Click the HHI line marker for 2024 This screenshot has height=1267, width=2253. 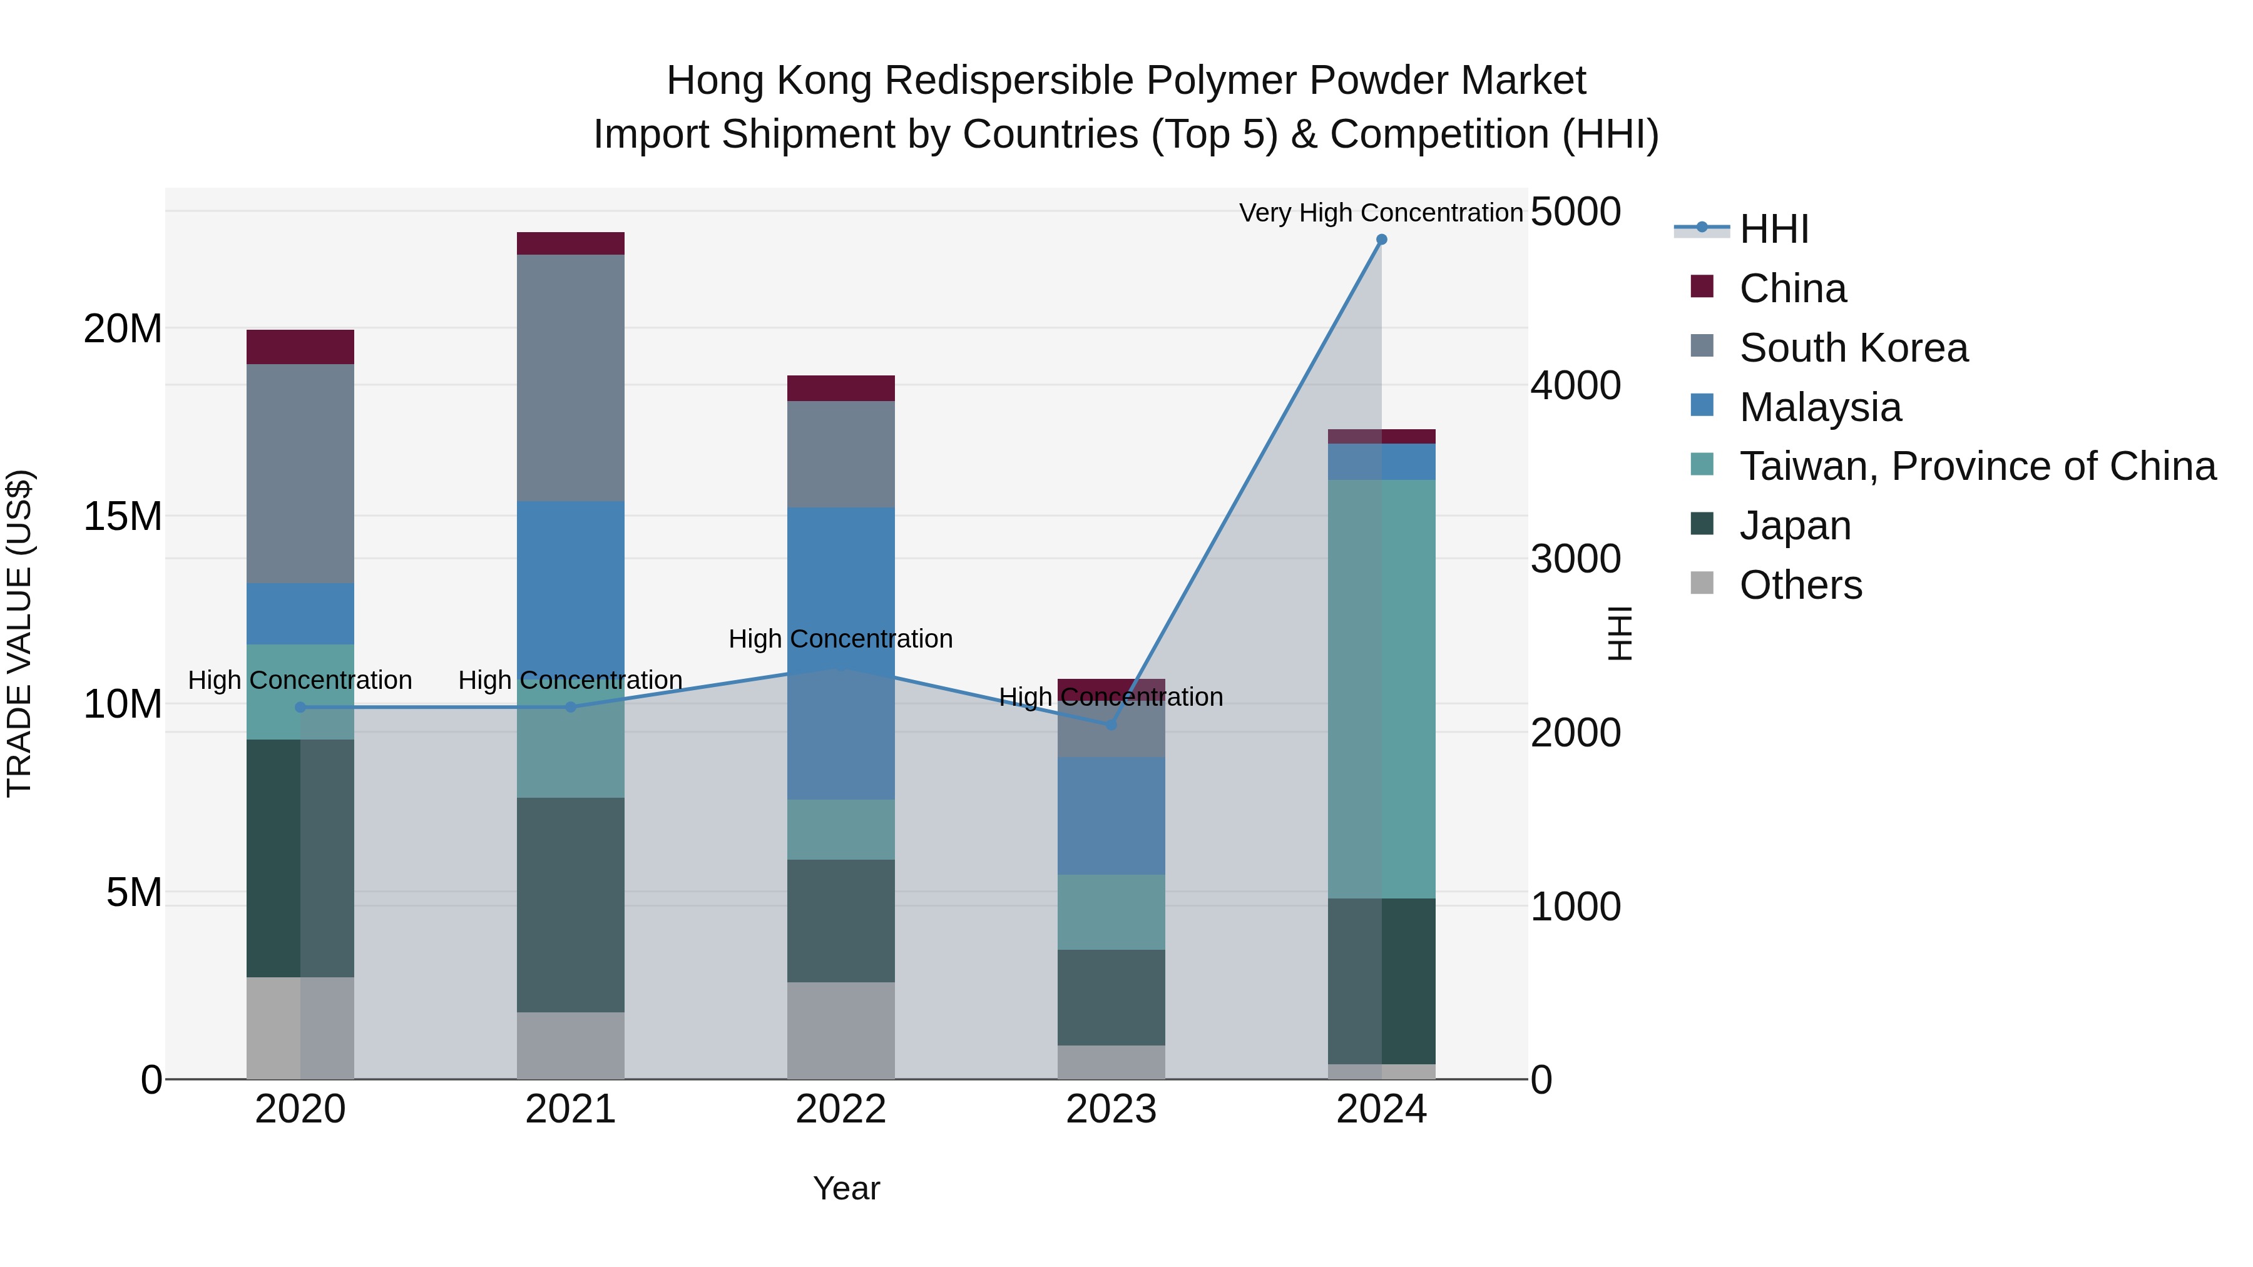(1381, 240)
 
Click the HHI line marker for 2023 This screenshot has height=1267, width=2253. (1111, 725)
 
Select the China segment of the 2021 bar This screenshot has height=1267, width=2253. (570, 243)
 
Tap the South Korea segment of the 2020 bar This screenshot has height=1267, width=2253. (300, 473)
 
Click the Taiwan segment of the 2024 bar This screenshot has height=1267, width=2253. (1381, 688)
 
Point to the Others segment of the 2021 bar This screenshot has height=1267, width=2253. (570, 1045)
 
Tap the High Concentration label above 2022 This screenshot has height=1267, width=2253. (840, 639)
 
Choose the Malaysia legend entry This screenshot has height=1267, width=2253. (1819, 407)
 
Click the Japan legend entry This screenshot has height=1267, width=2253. (1795, 526)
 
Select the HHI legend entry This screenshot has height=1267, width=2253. (1773, 229)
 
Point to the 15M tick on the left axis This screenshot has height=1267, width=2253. (123, 517)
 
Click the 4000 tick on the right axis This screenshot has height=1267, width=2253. (1575, 385)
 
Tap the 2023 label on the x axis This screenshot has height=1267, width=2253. (1111, 1109)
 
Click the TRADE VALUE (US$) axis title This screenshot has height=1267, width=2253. (19, 633)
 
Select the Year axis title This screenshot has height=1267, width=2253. (846, 1188)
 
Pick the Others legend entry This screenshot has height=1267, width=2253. (1800, 585)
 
